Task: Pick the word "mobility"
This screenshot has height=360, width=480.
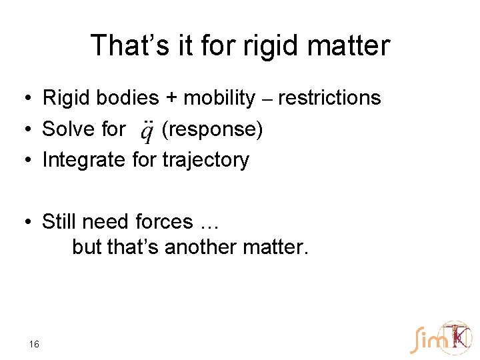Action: tap(219, 98)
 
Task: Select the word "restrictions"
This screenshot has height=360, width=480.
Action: tap(329, 98)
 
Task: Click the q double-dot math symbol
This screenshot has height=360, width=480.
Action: tap(148, 131)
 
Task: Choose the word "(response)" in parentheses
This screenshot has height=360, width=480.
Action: tap(213, 129)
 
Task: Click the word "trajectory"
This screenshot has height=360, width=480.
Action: tap(205, 160)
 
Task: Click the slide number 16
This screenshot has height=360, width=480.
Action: tap(35, 344)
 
